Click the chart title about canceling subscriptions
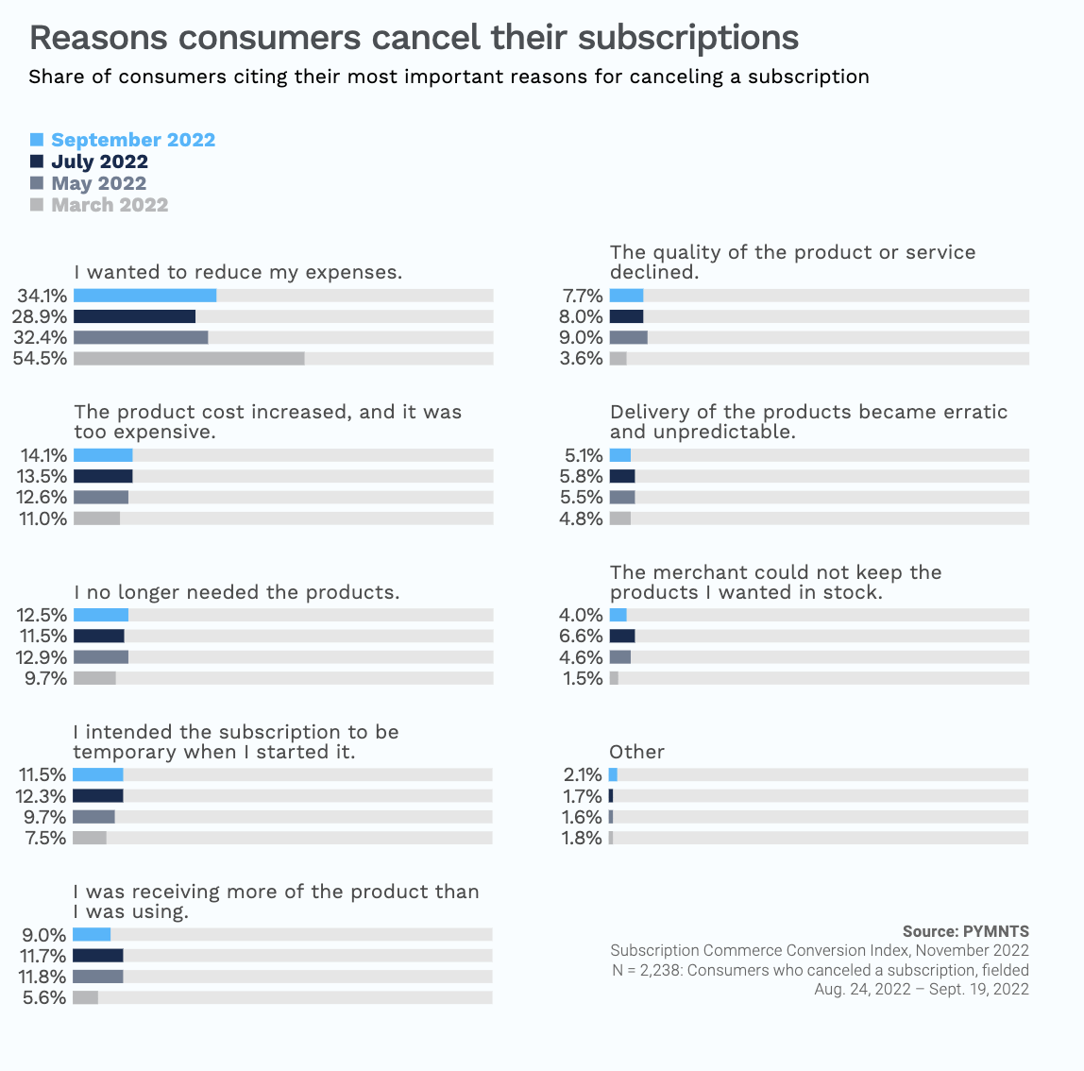(414, 38)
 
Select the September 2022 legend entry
(132, 140)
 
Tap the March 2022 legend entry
(110, 205)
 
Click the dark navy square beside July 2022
(37, 161)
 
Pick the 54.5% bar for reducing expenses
(189, 358)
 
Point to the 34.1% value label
(42, 296)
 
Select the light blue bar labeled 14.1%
(103, 455)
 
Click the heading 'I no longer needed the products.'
(236, 592)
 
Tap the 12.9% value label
(42, 657)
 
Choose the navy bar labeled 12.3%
(98, 795)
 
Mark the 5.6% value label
(44, 998)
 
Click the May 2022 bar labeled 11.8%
(98, 977)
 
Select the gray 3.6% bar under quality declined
(618, 358)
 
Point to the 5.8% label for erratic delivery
(581, 476)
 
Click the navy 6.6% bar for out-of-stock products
(622, 636)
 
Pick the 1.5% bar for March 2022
(614, 678)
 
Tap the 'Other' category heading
(636, 752)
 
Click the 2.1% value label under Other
(583, 775)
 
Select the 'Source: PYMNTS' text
(965, 931)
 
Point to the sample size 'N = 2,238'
(647, 970)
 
